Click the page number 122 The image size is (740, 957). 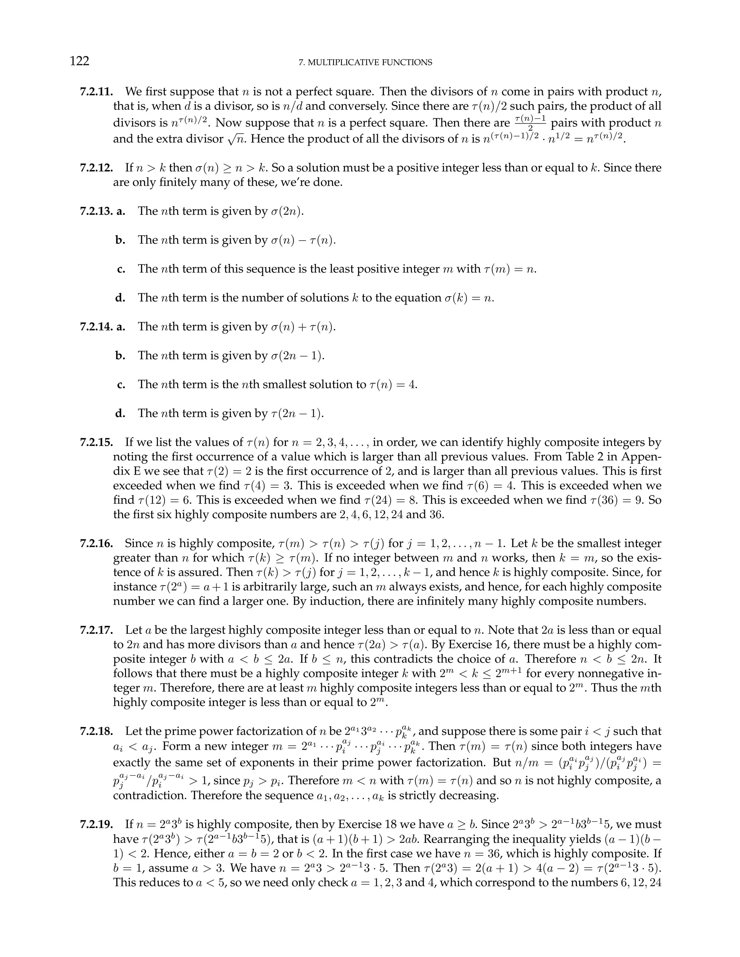click(x=79, y=61)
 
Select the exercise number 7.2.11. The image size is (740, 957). click(x=96, y=92)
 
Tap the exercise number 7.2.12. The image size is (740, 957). click(x=96, y=168)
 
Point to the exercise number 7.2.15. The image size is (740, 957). click(x=96, y=443)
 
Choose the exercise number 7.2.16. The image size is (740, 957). click(x=96, y=544)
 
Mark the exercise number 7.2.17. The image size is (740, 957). click(x=96, y=631)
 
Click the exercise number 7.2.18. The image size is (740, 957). click(x=96, y=732)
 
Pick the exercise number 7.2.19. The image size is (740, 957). click(x=96, y=825)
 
